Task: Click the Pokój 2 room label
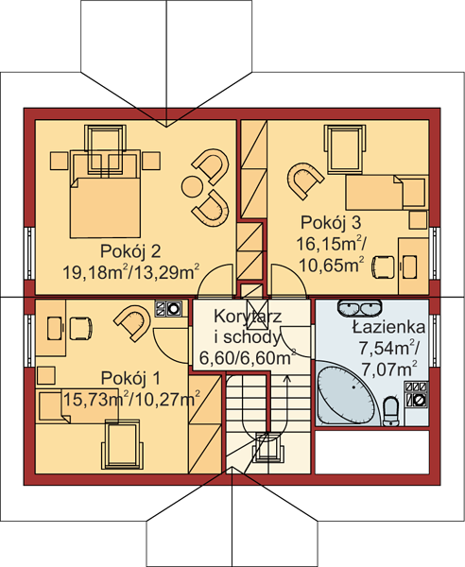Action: click(x=130, y=251)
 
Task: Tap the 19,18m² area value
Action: click(x=95, y=272)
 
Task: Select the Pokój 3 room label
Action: click(x=331, y=222)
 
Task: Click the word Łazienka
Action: click(x=388, y=327)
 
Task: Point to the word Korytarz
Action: click(x=248, y=317)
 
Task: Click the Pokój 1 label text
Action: click(x=130, y=378)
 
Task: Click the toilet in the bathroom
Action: click(x=391, y=411)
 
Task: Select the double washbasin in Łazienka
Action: click(x=359, y=308)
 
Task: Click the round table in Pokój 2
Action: click(x=192, y=186)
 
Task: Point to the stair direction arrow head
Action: click(x=287, y=378)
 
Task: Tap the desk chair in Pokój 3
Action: click(x=383, y=267)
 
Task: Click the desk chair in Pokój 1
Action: click(x=80, y=328)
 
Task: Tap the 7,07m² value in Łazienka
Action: click(x=388, y=369)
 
